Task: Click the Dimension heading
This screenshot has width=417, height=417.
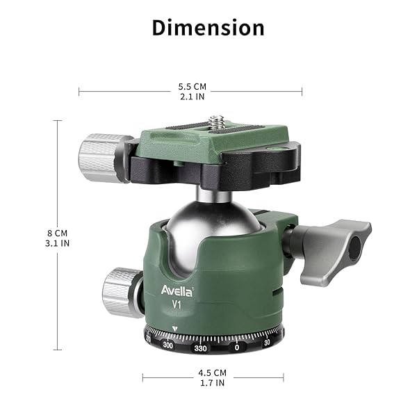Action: pos(208,28)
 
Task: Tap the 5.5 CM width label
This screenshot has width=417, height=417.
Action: pos(190,87)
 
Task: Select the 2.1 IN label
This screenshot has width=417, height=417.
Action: pos(190,97)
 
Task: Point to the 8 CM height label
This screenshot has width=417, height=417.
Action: pos(58,233)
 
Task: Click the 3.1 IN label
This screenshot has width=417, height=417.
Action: pos(58,244)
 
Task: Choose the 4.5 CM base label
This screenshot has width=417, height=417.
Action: pos(213,372)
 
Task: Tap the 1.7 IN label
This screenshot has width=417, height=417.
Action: pos(213,382)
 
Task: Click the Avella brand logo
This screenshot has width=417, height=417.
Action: pos(178,289)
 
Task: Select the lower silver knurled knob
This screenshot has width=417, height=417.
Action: pos(122,292)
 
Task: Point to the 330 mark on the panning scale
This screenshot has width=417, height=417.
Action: pos(201,347)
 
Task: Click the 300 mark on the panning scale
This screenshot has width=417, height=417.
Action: pos(167,345)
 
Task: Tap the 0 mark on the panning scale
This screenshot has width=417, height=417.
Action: pos(237,347)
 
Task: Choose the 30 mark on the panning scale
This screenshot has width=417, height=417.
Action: pos(268,343)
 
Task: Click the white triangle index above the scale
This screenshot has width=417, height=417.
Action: pos(175,329)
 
